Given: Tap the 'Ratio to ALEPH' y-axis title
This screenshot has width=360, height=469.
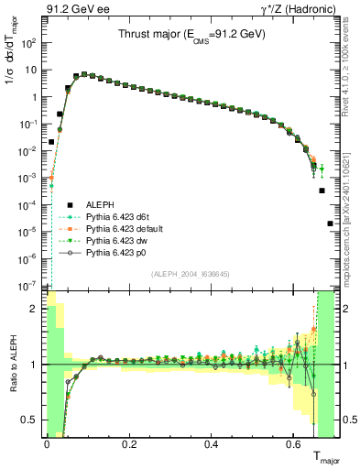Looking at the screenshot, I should (12, 365).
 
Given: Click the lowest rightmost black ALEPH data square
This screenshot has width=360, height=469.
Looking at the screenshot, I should (330, 224).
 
